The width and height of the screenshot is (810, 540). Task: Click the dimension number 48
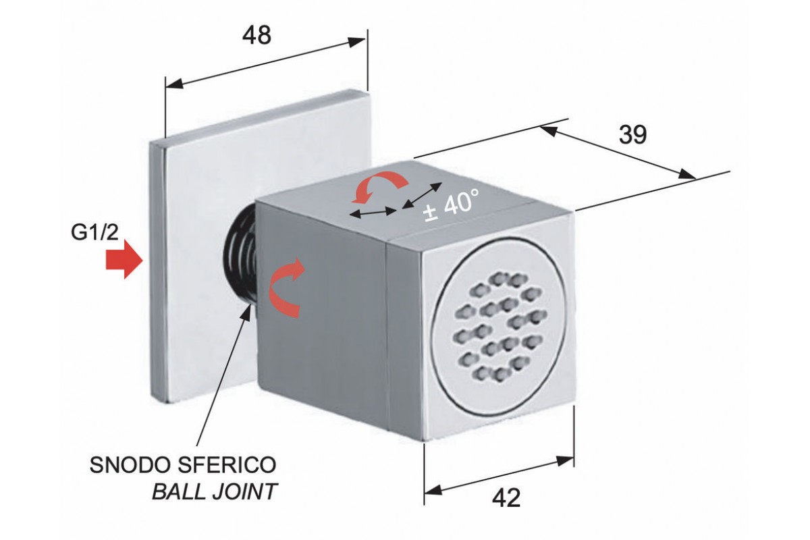(256, 35)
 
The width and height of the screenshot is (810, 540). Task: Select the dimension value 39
(632, 135)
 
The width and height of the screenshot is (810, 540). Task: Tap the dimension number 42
(506, 498)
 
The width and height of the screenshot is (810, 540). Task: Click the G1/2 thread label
(95, 234)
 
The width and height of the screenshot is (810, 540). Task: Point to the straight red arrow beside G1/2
(123, 261)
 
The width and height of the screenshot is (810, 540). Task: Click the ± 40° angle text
(450, 203)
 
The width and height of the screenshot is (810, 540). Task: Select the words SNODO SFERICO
(183, 466)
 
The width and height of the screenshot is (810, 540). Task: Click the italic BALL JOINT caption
(215, 491)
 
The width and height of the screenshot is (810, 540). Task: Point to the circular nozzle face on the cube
(499, 324)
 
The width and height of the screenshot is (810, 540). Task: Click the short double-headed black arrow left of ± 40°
(373, 213)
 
